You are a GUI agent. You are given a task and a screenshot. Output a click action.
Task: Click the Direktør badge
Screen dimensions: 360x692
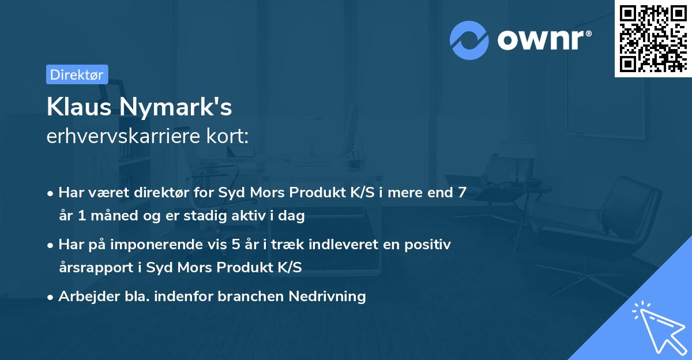[x=77, y=74]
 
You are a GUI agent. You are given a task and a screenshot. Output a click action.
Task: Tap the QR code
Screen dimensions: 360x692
[x=653, y=38]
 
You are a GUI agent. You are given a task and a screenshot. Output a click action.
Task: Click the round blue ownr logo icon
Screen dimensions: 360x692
[x=469, y=39]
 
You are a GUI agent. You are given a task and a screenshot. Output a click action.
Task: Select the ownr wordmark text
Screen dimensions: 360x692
[x=543, y=39]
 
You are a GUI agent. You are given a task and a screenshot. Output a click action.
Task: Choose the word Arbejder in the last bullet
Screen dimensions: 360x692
[x=84, y=297]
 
